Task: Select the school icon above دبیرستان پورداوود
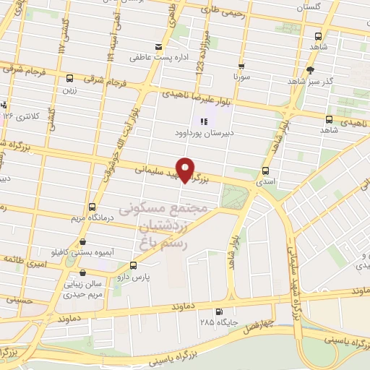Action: click(x=205, y=121)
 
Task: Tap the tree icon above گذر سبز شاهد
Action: click(x=310, y=70)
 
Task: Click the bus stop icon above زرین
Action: click(x=69, y=79)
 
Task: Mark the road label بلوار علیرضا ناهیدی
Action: click(x=194, y=94)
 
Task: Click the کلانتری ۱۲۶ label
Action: click(x=20, y=116)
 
